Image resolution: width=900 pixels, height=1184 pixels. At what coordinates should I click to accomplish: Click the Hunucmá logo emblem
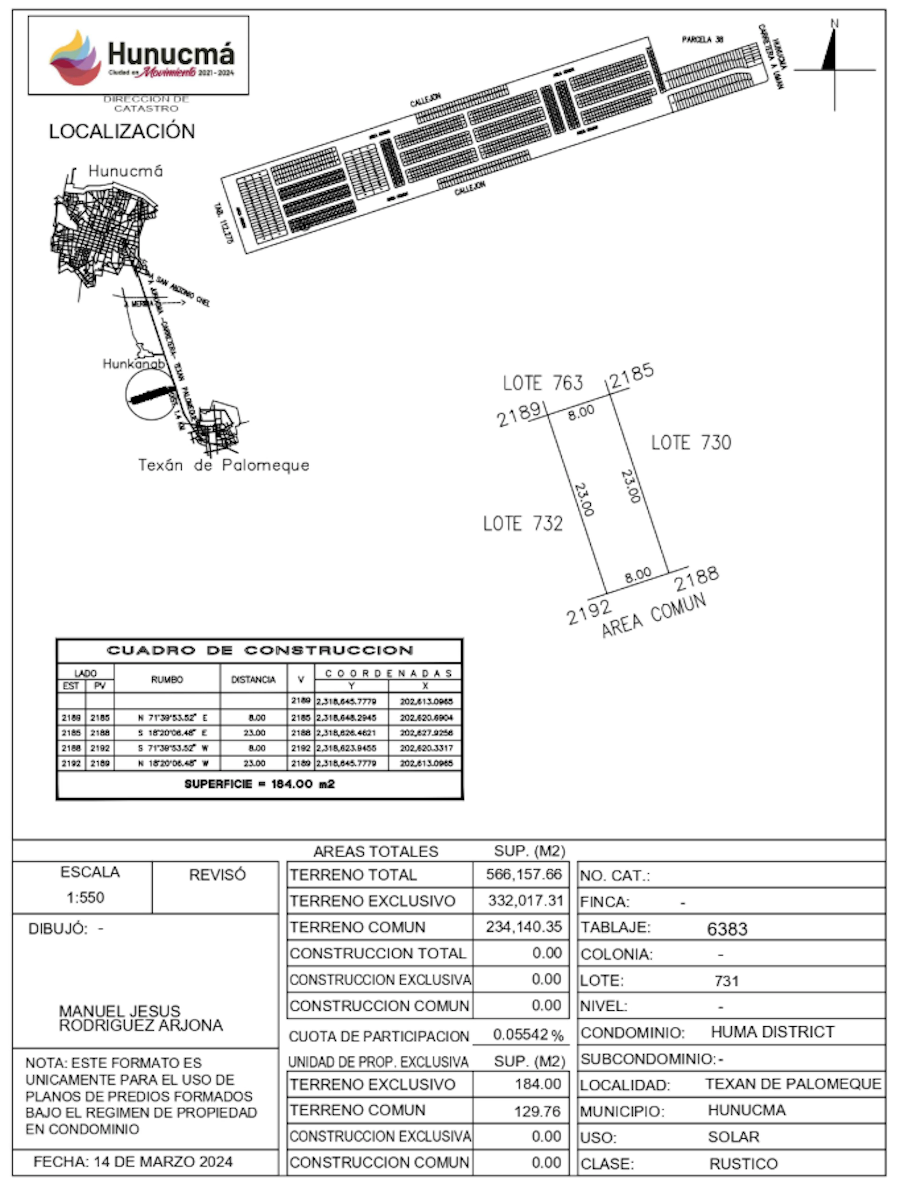tap(75, 58)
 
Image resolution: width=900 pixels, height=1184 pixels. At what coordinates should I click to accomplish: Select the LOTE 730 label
tap(691, 443)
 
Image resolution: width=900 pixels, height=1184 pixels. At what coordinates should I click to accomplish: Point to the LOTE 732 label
tap(523, 523)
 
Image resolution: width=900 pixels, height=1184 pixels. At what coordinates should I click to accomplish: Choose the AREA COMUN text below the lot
tap(654, 616)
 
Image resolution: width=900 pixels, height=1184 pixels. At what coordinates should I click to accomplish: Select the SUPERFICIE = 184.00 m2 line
tap(259, 784)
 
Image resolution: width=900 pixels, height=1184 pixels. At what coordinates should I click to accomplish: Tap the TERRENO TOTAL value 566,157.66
tap(523, 874)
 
